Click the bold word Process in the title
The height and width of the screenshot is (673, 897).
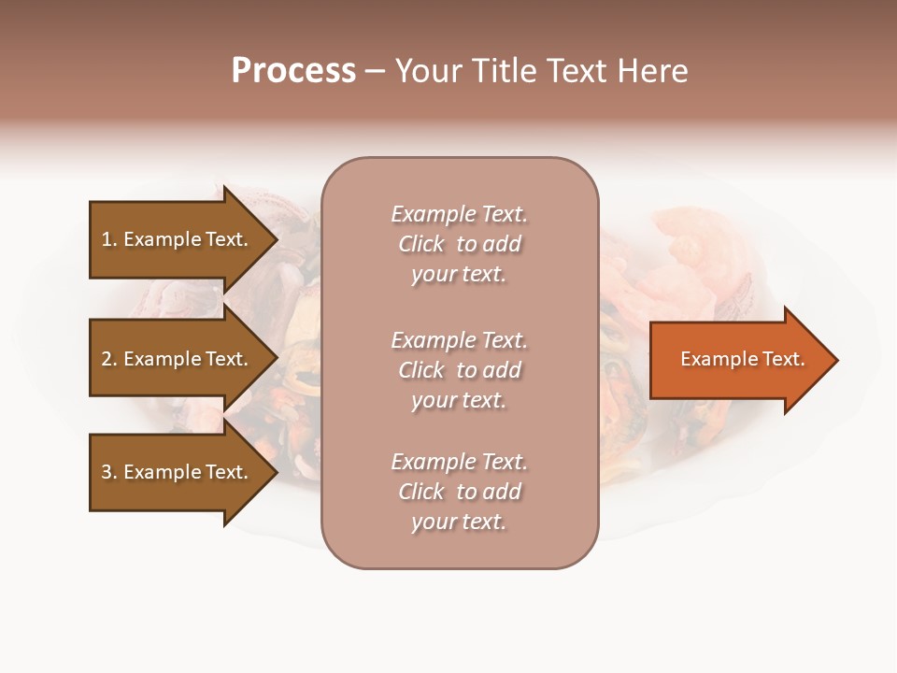pyautogui.click(x=293, y=71)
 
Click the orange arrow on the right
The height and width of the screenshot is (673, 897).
pyautogui.click(x=738, y=360)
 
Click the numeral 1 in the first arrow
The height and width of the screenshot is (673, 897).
pyautogui.click(x=107, y=239)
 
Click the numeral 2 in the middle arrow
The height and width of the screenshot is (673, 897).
pyautogui.click(x=107, y=359)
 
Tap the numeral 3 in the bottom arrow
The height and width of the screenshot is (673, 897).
pyautogui.click(x=107, y=472)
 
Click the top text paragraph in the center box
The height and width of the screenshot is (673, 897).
pyautogui.click(x=459, y=244)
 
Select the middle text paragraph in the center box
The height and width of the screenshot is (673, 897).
pyautogui.click(x=459, y=370)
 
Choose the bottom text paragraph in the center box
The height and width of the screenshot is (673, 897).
pyautogui.click(x=459, y=492)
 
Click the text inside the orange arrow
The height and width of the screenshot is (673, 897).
pyautogui.click(x=742, y=359)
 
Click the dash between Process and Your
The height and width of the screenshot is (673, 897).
pyautogui.click(x=374, y=72)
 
